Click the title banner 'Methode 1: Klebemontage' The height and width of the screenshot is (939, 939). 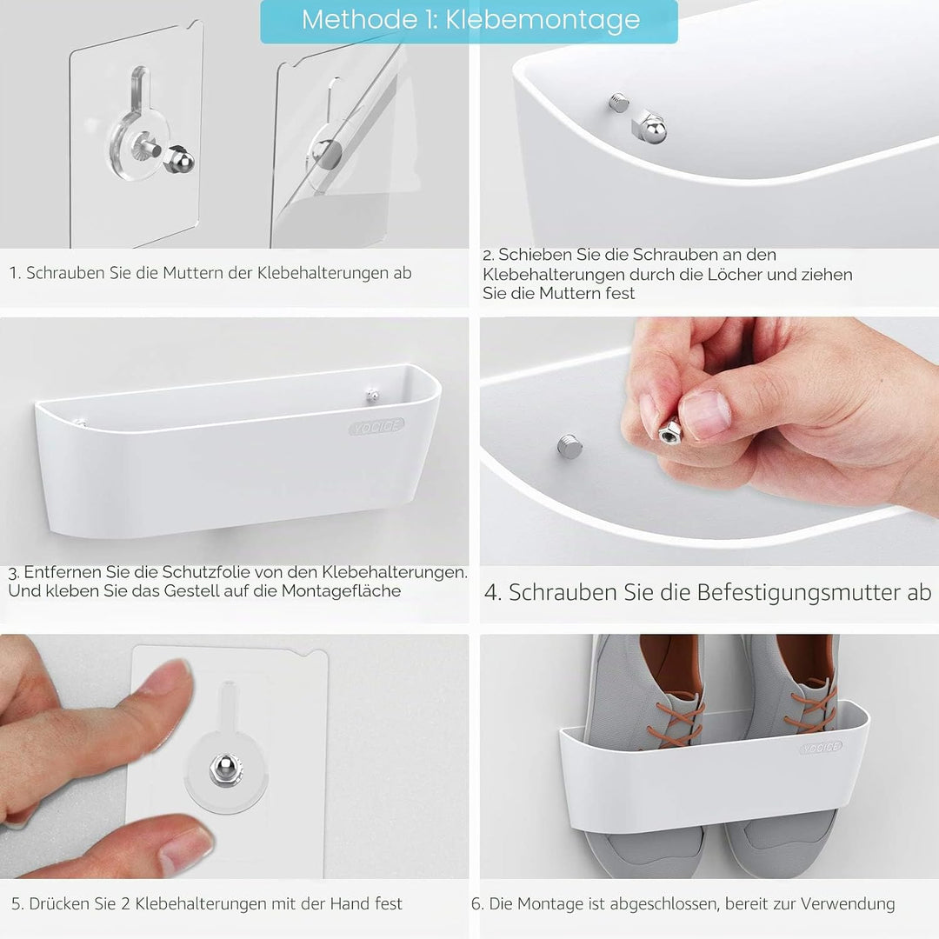[469, 21]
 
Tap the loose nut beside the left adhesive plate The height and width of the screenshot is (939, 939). [180, 162]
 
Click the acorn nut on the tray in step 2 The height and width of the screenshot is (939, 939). [649, 126]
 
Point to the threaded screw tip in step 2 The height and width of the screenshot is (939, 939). [619, 102]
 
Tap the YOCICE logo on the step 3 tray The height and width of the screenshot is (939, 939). [376, 426]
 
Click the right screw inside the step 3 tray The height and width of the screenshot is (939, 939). [372, 395]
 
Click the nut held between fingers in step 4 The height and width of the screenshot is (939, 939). [669, 431]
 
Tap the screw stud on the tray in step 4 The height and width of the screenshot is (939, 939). [569, 447]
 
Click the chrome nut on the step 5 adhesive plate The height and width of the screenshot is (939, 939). [224, 770]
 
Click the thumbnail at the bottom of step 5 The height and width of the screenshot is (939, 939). [187, 845]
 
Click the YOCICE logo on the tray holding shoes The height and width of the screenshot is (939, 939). [821, 748]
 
